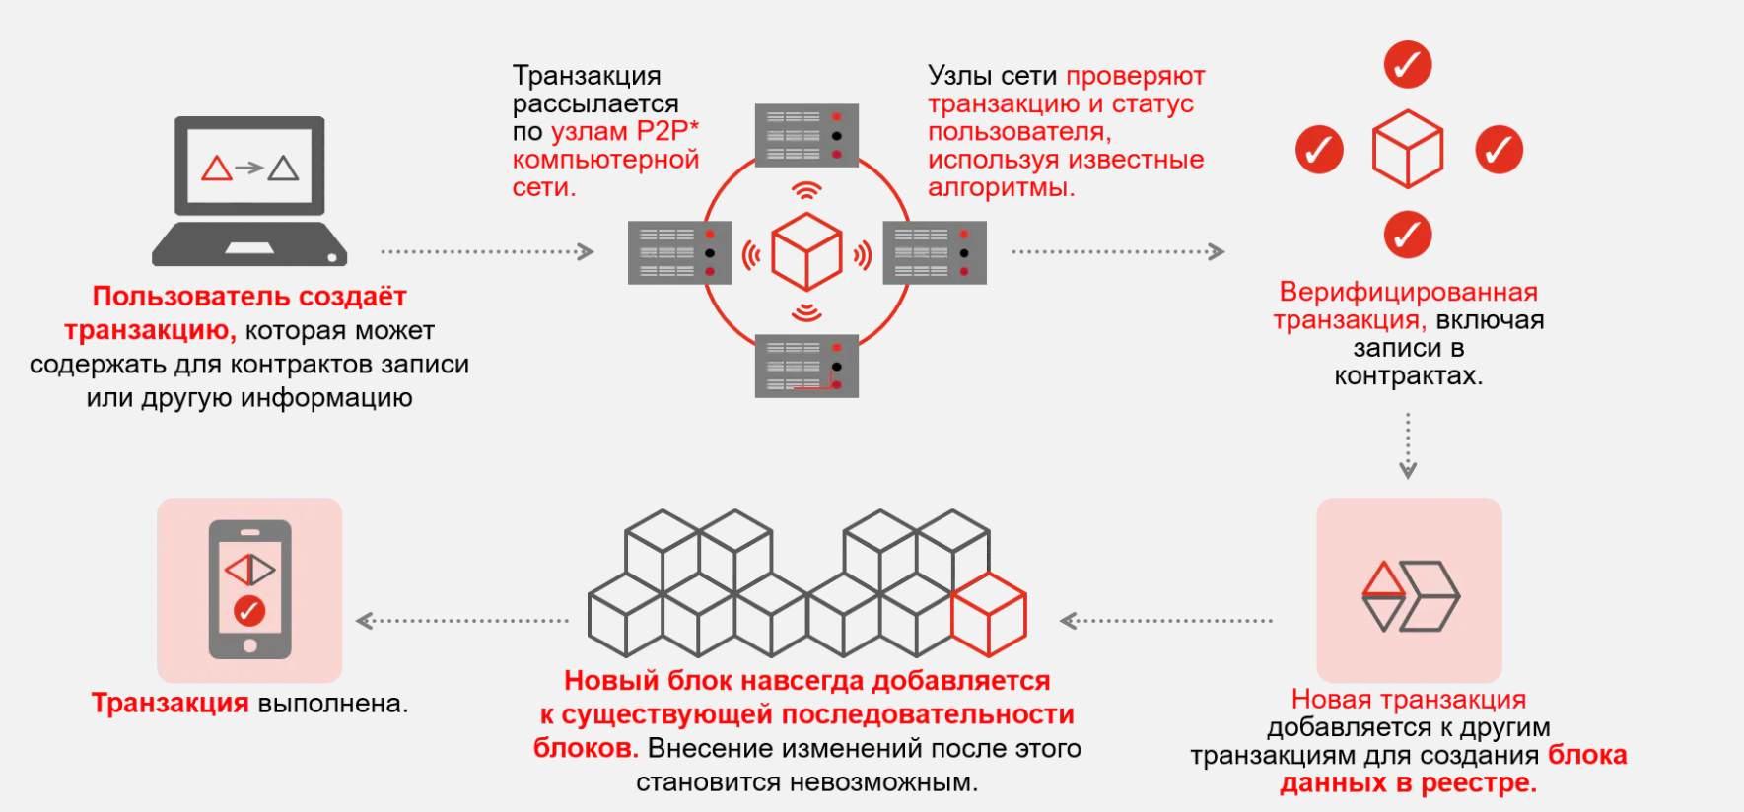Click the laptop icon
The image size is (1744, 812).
tap(249, 191)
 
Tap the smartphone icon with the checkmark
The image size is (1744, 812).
tap(249, 589)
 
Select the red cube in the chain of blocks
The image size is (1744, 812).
tap(989, 615)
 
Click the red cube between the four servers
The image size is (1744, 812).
tap(806, 251)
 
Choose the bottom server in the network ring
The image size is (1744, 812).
tap(806, 366)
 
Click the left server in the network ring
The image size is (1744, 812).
tap(679, 252)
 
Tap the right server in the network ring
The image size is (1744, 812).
tap(935, 252)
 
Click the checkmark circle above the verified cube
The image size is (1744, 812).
tap(1408, 65)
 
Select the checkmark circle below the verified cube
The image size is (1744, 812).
tap(1408, 235)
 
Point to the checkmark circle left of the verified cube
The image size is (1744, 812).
tap(1319, 150)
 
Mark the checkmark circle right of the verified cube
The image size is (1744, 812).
tap(1499, 150)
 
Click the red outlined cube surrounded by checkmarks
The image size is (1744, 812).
tap(1408, 149)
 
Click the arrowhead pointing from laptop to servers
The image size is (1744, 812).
tap(586, 251)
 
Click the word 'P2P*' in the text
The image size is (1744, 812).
tap(667, 131)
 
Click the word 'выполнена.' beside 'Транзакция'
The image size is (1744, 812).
tap(332, 704)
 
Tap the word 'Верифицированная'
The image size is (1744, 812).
tap(1408, 292)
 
